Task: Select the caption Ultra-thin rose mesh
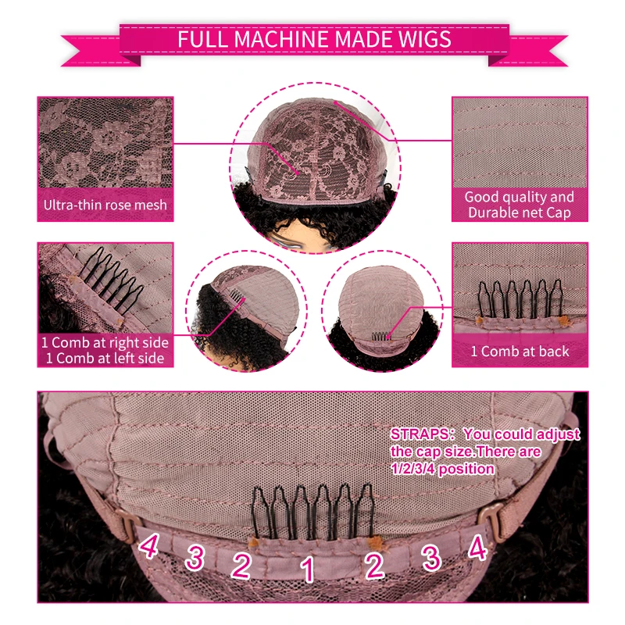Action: point(105,205)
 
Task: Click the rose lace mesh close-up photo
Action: point(105,145)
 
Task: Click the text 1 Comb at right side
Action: point(105,343)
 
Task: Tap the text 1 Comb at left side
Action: point(105,358)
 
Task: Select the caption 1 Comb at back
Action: point(520,352)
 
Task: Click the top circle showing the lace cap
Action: point(314,164)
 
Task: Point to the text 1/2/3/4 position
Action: point(442,469)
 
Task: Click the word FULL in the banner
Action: point(197,39)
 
